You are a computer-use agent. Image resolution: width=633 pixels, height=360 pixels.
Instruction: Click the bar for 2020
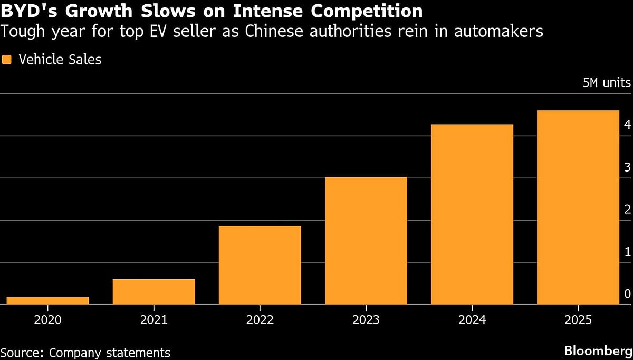coord(47,300)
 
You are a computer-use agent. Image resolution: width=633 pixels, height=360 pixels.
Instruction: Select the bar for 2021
coord(154,291)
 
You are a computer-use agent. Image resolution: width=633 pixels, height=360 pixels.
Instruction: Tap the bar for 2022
coord(260,265)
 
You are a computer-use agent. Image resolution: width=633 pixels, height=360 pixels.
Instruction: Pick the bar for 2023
coord(366,241)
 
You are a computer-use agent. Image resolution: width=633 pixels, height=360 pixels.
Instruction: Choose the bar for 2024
coord(472,214)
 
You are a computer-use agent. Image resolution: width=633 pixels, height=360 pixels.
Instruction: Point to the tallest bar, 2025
coord(578,207)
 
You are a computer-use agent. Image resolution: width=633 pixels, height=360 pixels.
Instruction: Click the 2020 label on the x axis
coord(47,320)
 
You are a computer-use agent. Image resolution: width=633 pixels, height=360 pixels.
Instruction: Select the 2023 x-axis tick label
coord(366,320)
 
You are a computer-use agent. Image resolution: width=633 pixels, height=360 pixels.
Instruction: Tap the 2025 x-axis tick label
coord(578,320)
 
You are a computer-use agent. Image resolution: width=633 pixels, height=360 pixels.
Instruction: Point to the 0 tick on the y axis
coord(627,294)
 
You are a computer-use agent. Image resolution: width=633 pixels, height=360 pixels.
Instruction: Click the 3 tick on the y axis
coord(627,167)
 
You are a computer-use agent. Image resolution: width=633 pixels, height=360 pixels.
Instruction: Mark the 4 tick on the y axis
coord(627,125)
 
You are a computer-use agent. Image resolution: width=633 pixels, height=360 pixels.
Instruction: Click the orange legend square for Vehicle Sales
coord(6,60)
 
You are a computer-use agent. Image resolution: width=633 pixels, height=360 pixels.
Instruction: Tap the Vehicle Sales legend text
coord(60,60)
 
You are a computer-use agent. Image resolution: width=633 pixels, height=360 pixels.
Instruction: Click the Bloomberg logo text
coord(597,350)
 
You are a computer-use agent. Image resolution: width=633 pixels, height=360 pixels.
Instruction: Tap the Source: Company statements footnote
coord(85,352)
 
